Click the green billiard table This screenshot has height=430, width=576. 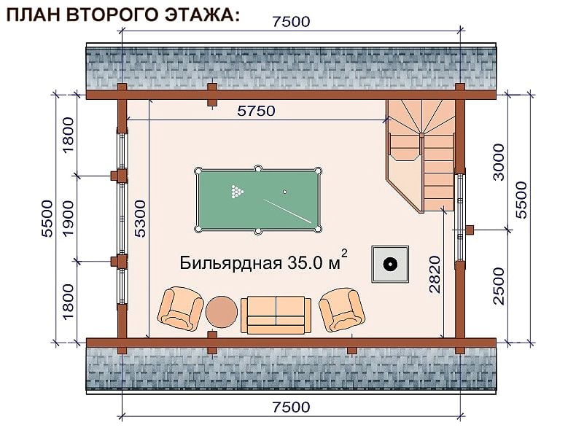coord(258,200)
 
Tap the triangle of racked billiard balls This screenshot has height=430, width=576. coord(237,192)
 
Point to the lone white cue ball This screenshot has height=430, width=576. coord(284,192)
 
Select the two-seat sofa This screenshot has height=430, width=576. coord(276,315)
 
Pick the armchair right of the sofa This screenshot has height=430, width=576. coord(342,310)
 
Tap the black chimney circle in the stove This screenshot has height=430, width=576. coord(390,264)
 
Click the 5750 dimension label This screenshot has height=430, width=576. coord(256,111)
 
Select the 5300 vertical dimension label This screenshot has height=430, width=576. coord(140,219)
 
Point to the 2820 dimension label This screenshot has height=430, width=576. coord(435,274)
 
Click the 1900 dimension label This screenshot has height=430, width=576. coord(69,219)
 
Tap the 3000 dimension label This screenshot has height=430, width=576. coord(499,162)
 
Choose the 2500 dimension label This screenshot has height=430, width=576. coord(499,286)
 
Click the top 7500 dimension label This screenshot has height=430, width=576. coord(291,22)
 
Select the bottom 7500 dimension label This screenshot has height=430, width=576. coord(291,407)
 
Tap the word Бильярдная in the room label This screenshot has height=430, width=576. coord(230,263)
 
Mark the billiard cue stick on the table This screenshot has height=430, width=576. coord(287,211)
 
